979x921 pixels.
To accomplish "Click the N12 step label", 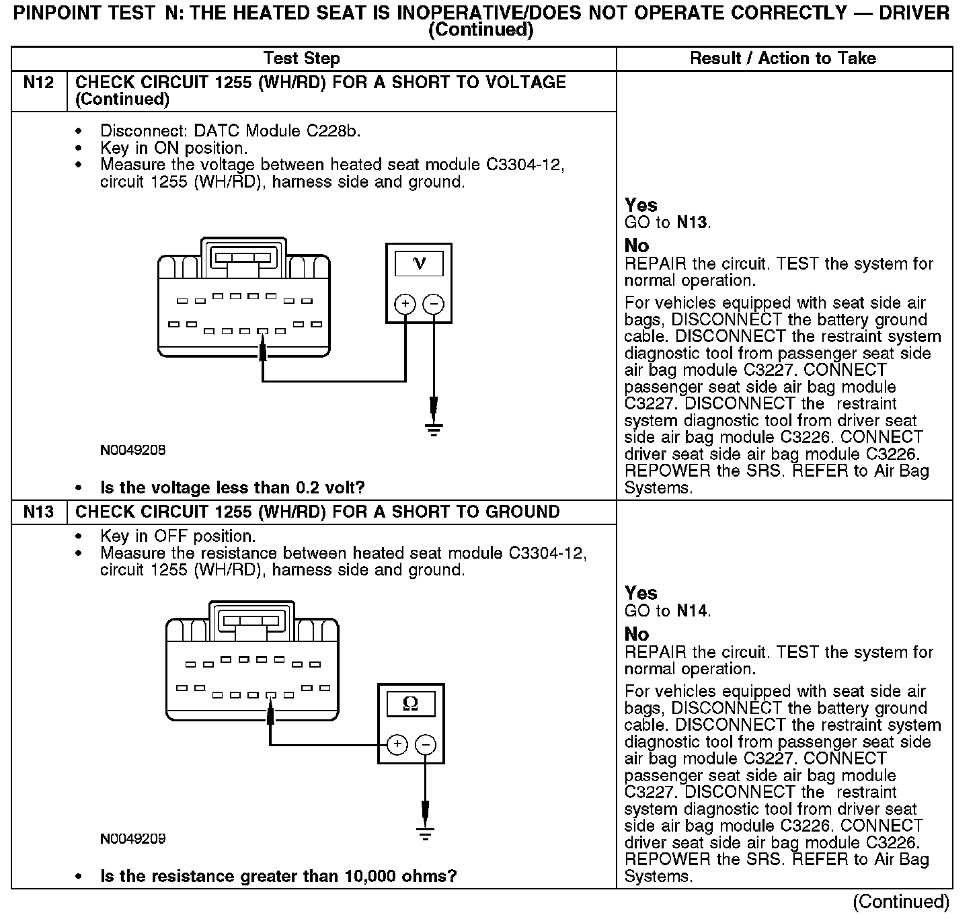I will pos(38,83).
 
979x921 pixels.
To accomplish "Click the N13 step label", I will pos(38,512).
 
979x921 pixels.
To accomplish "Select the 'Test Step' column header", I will pos(301,58).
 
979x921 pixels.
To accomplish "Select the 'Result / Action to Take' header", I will pos(783,58).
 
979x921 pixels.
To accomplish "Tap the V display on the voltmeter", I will pos(418,263).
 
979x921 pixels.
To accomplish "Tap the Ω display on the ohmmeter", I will pos(410,704).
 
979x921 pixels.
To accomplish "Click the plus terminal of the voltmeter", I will pos(405,305).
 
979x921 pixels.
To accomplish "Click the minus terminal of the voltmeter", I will pos(434,305).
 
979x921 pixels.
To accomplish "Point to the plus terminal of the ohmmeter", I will pos(397,744).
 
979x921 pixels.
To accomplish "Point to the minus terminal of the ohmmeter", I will pos(426,744).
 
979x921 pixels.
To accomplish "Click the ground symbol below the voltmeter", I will pos(434,429).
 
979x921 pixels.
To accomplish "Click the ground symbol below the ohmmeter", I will pos(426,834).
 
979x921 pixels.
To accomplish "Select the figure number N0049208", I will pos(132,450).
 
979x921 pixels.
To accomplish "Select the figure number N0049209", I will pos(132,839).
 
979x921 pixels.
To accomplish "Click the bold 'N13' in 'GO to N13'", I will pos(693,223).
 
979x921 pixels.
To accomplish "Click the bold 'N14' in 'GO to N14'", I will pos(693,611).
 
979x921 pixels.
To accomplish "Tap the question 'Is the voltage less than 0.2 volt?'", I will pos(233,487).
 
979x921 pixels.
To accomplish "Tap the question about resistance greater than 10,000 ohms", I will pos(278,877).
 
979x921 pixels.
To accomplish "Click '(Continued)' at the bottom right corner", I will pos(901,902).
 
